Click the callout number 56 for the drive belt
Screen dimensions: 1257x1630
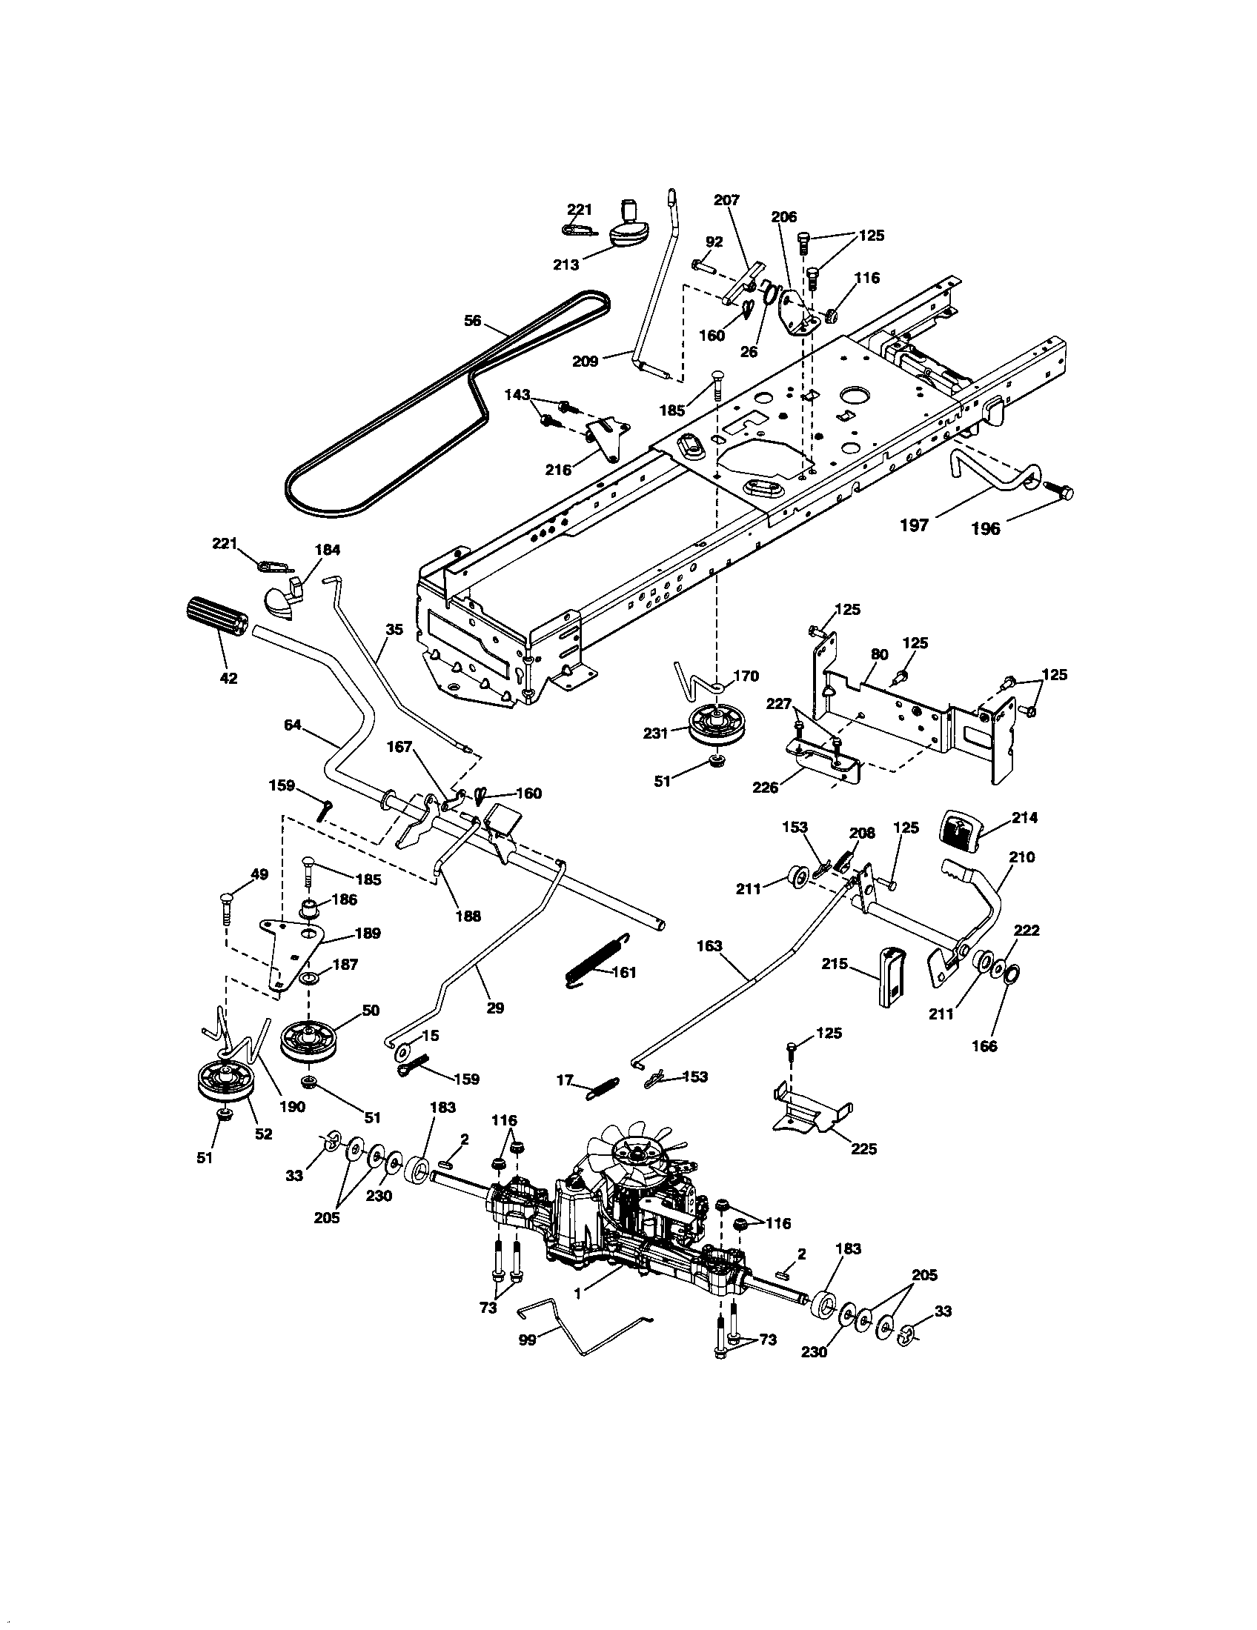[x=474, y=322]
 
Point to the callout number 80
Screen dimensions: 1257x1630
[x=879, y=654]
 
